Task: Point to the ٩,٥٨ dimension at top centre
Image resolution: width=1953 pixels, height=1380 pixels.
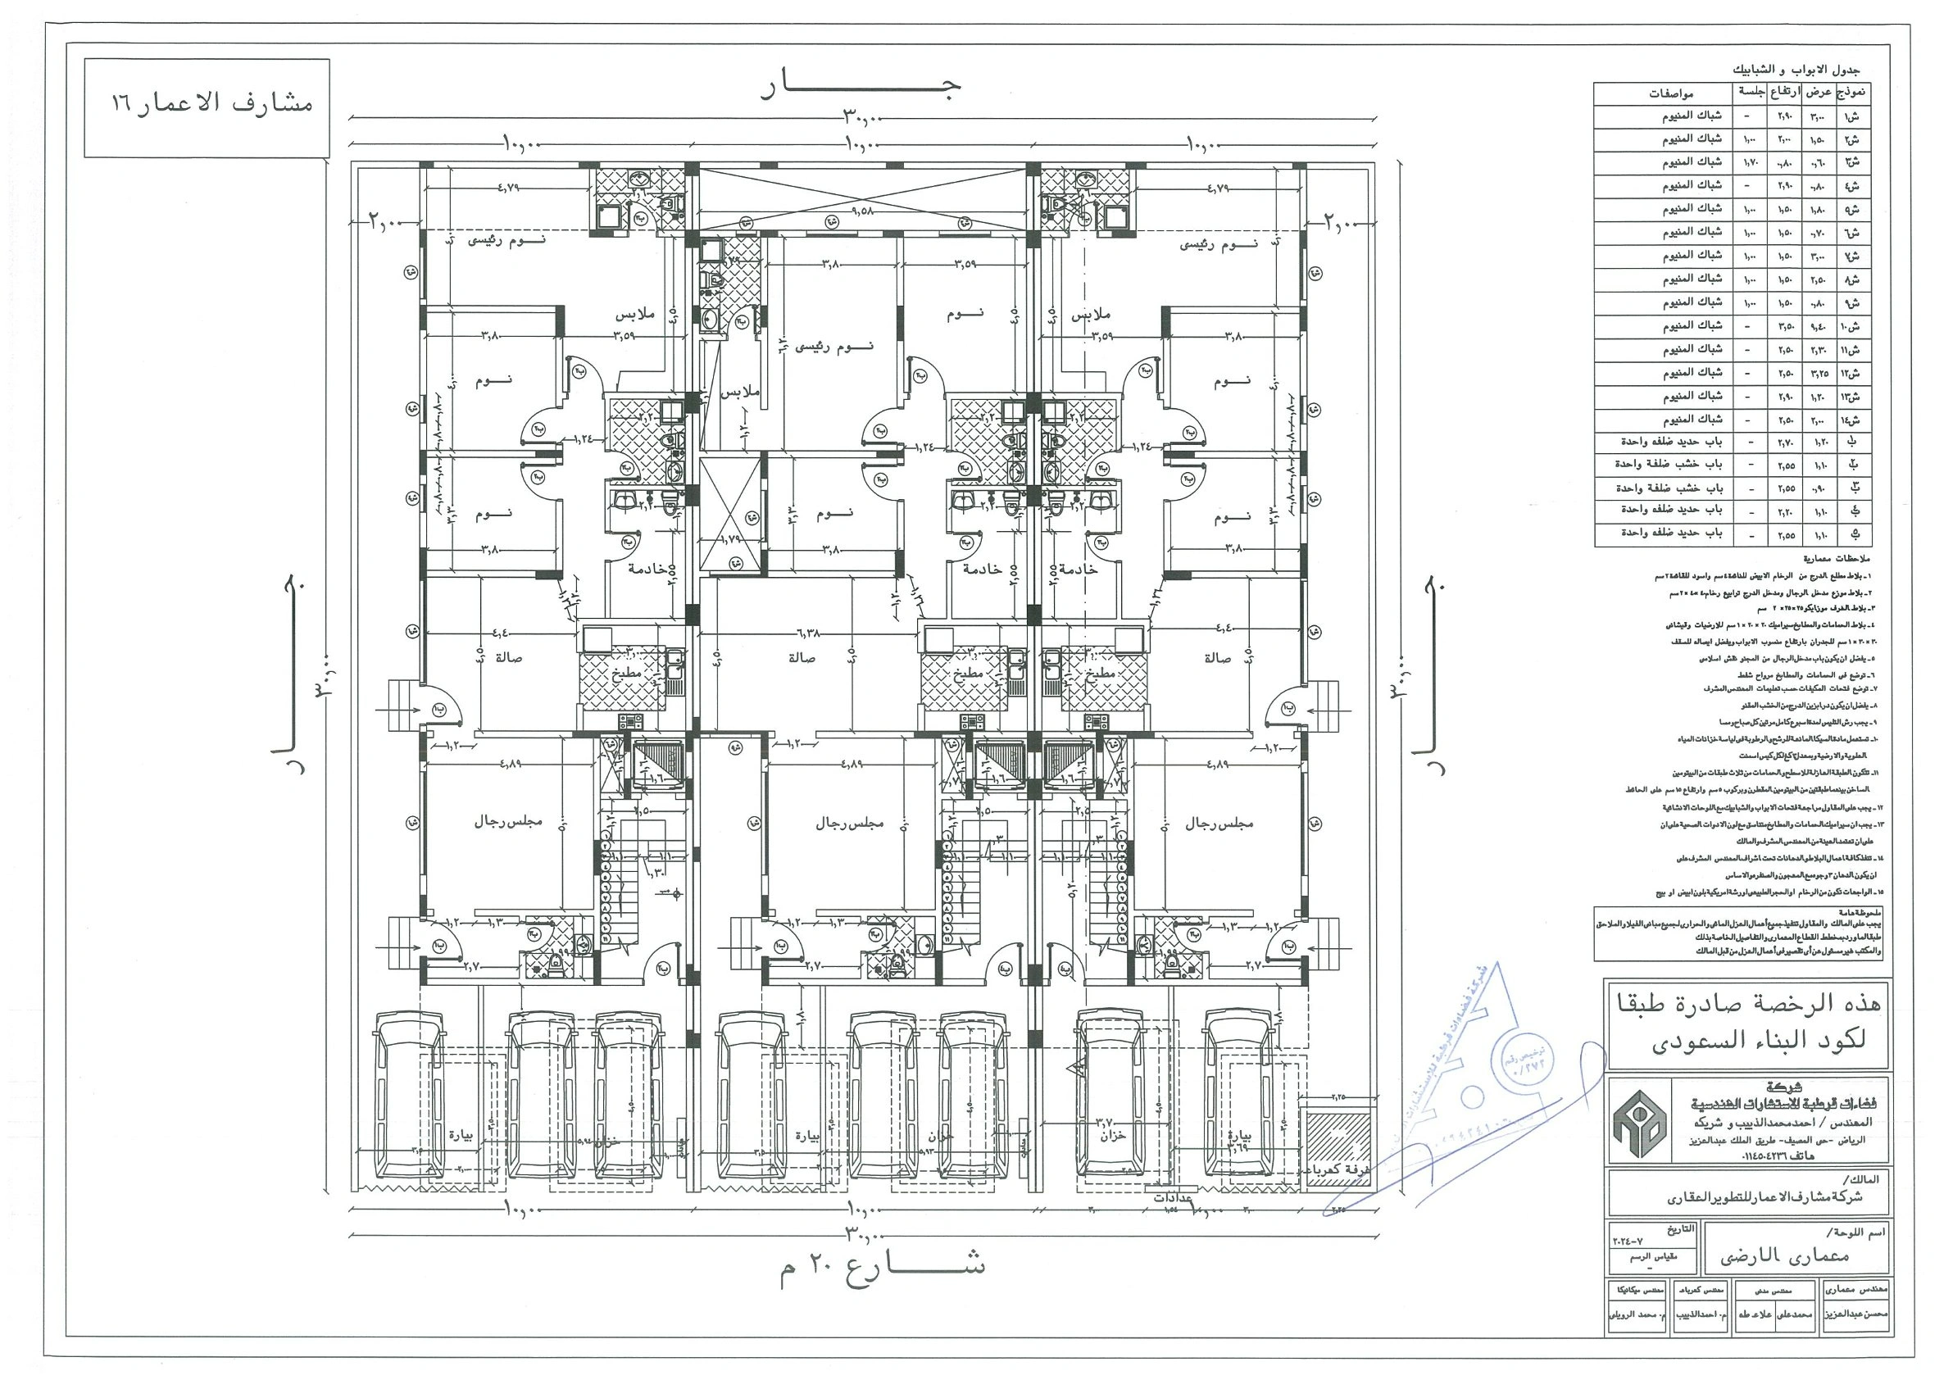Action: (x=862, y=207)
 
